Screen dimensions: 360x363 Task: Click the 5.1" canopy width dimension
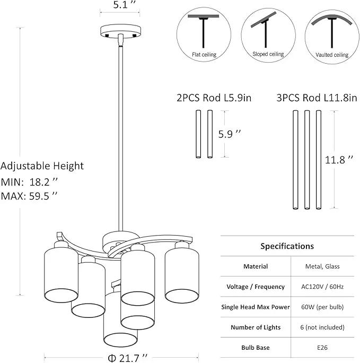[x=124, y=5]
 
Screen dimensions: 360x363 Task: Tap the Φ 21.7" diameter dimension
[x=128, y=358]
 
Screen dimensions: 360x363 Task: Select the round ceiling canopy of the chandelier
[x=120, y=31]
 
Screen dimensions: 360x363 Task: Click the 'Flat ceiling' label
[x=204, y=55]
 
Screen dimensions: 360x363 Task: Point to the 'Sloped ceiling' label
[x=268, y=54]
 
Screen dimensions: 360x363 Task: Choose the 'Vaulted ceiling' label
[x=332, y=55]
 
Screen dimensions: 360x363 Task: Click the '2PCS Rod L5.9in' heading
[x=214, y=98]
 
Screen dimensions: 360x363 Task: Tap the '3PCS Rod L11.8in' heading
[x=317, y=98]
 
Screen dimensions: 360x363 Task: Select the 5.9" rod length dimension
[x=230, y=134]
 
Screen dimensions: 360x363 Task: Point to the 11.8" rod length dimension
[x=339, y=160]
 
